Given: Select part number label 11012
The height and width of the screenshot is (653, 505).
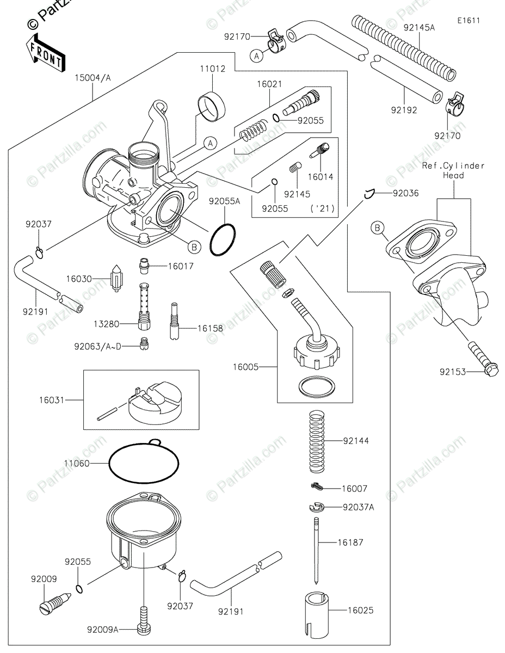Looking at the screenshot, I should tap(212, 69).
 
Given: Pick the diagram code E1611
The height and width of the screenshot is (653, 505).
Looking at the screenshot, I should tap(469, 21).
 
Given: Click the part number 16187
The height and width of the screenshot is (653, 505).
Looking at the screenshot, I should tap(365, 543).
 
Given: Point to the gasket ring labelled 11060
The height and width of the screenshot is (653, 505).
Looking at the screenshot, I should tap(145, 464).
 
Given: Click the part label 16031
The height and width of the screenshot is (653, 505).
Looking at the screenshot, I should tap(51, 400).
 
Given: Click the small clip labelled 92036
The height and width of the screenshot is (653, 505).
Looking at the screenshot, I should tap(371, 192).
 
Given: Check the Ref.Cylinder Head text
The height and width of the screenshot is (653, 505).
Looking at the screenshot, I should tap(453, 170).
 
